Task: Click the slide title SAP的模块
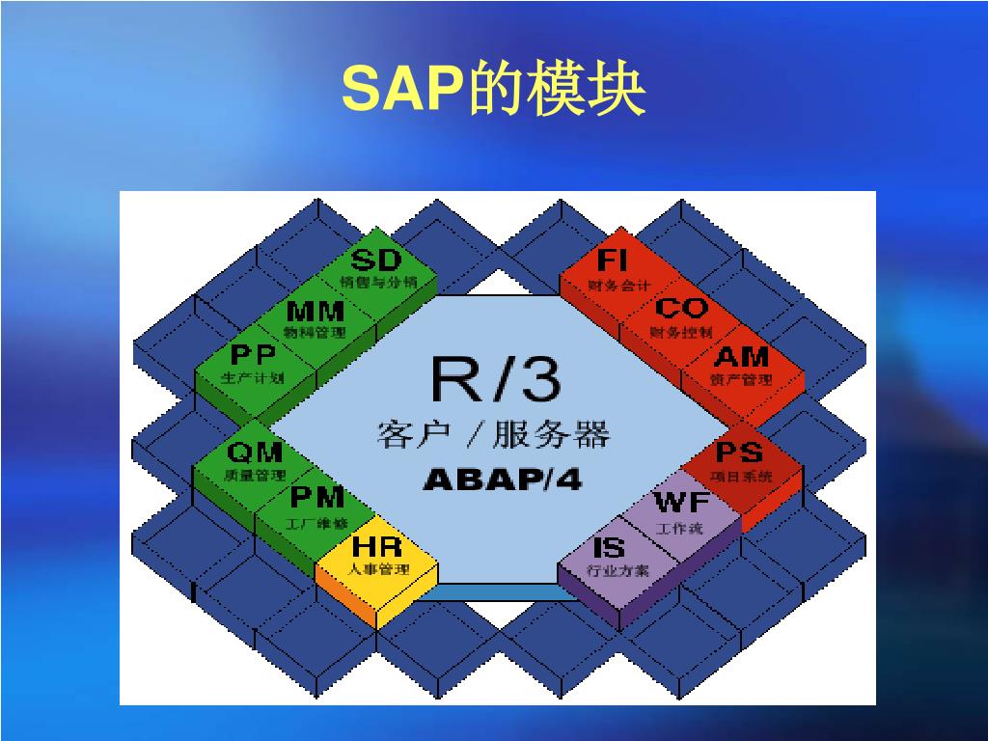pos(493,91)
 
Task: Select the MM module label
pos(316,312)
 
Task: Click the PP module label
pos(253,356)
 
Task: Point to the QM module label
pos(255,452)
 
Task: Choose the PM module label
pos(317,497)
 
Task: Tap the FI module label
pos(613,261)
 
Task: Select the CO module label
pos(681,309)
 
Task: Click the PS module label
pos(740,452)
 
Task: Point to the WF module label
pos(681,504)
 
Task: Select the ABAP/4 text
pos(502,480)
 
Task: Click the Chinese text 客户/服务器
pos(493,434)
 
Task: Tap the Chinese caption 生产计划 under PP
pos(253,378)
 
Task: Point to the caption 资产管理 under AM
pos(741,379)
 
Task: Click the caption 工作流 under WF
pos(680,528)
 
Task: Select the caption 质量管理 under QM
pos(255,475)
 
